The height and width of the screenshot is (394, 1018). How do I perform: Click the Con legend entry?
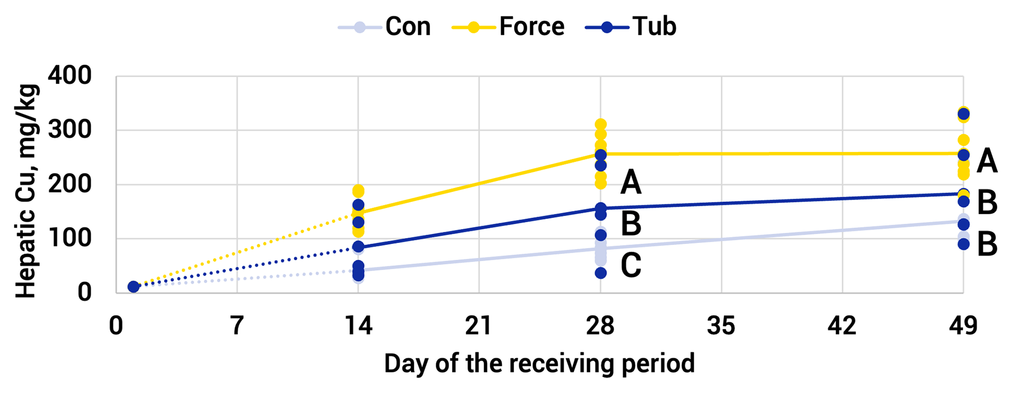point(385,26)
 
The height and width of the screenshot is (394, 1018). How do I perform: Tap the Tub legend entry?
point(631,26)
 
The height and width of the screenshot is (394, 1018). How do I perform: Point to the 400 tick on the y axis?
point(70,76)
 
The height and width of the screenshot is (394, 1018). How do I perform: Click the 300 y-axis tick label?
point(70,130)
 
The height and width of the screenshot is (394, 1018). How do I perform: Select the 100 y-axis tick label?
point(70,238)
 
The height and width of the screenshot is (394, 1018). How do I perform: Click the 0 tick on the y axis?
point(84,292)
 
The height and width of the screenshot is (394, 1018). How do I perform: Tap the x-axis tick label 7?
point(237,326)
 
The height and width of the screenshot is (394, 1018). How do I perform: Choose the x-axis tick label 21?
point(478,326)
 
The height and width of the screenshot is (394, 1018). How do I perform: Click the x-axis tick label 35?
point(721,326)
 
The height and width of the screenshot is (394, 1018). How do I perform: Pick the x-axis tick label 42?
point(842,326)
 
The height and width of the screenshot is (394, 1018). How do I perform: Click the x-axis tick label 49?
point(963,326)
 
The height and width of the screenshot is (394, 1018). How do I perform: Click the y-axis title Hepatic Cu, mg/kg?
point(26,191)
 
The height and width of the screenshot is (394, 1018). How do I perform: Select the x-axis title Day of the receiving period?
point(539,364)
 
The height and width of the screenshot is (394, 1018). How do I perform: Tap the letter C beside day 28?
point(631,265)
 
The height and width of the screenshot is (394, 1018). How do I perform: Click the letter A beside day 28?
point(631,183)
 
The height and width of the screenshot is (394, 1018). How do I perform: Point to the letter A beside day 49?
point(987,161)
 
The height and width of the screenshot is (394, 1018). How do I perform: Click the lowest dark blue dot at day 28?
point(601,273)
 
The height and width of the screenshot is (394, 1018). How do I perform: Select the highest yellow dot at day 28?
point(601,124)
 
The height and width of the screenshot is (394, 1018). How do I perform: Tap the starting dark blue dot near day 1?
point(133,287)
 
